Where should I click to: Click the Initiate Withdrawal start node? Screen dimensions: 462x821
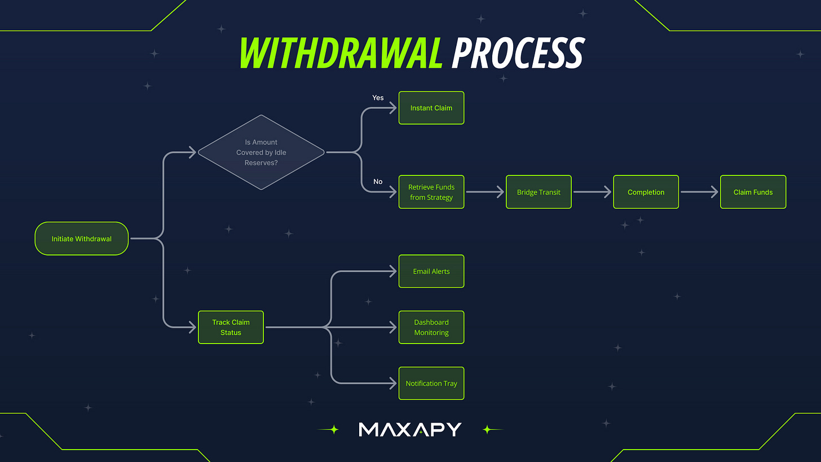(x=82, y=239)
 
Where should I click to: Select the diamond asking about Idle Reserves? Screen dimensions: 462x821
(x=261, y=152)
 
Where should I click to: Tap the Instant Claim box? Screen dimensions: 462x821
(x=431, y=108)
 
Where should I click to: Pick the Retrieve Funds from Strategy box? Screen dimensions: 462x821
(x=431, y=192)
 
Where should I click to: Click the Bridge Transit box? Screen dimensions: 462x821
(x=538, y=192)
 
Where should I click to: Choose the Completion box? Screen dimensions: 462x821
(x=646, y=192)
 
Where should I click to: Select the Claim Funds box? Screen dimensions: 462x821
(x=753, y=192)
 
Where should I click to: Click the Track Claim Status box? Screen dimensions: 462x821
(x=231, y=327)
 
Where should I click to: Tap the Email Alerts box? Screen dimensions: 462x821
(x=431, y=271)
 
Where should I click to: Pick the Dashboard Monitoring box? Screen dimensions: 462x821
(x=431, y=327)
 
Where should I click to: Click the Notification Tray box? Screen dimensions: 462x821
(x=431, y=384)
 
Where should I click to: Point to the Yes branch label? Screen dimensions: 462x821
(x=378, y=98)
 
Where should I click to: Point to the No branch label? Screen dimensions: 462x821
(x=378, y=182)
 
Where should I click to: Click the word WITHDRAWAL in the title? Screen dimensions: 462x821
(x=341, y=54)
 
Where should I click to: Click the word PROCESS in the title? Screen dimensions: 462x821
(x=518, y=54)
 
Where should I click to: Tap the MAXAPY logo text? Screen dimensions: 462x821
(x=410, y=429)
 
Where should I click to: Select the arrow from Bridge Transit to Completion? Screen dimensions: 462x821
(x=592, y=192)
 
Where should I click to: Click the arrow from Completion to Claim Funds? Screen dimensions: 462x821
(x=699, y=192)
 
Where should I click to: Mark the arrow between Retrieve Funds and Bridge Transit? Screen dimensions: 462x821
(x=485, y=192)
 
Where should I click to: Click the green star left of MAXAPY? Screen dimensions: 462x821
(x=334, y=429)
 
